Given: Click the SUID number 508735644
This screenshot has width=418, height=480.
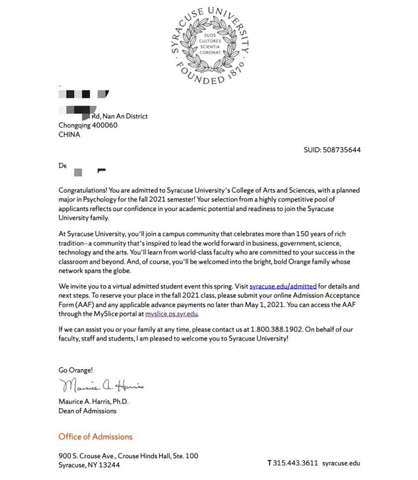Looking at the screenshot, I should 341,150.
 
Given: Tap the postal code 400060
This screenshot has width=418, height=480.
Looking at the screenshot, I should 105,125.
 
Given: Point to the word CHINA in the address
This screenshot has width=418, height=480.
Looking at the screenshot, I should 69,135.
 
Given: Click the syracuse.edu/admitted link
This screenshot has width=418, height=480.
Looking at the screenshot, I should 283,287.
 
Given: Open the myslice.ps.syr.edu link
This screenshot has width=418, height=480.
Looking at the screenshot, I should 172,314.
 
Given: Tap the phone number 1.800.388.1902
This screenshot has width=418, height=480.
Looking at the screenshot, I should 276,329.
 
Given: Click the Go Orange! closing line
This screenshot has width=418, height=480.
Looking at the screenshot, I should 75,370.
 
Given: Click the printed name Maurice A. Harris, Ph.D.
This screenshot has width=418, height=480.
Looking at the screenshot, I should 93,401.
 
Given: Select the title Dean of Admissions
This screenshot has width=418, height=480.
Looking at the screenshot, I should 87,411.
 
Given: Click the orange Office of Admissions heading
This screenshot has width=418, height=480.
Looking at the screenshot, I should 95,436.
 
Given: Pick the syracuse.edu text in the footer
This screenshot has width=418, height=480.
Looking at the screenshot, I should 341,463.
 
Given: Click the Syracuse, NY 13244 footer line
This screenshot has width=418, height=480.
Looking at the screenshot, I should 89,465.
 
